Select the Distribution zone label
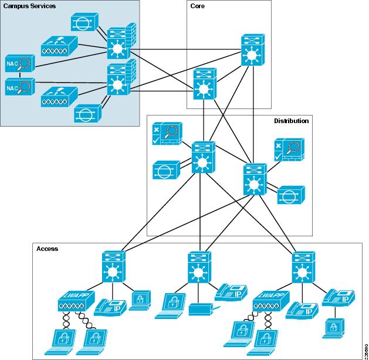(x=291, y=120)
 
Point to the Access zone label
(x=47, y=249)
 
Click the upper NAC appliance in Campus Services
(x=19, y=63)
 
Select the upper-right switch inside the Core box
(x=252, y=50)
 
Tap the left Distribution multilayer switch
(x=203, y=157)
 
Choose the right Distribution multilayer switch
(x=254, y=179)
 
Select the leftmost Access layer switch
(x=112, y=267)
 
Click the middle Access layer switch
(x=199, y=268)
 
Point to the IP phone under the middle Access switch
(x=229, y=291)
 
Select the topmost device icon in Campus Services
(x=86, y=23)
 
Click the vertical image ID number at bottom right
(x=365, y=346)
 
